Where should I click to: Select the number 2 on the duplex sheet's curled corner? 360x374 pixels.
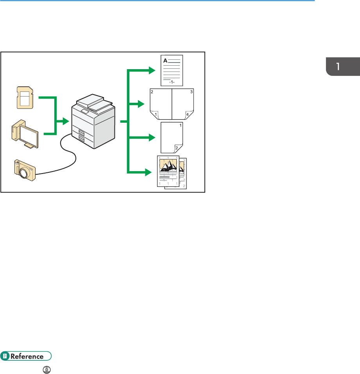(x=176, y=148)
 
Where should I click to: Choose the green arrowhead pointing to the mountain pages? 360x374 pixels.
(x=147, y=172)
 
